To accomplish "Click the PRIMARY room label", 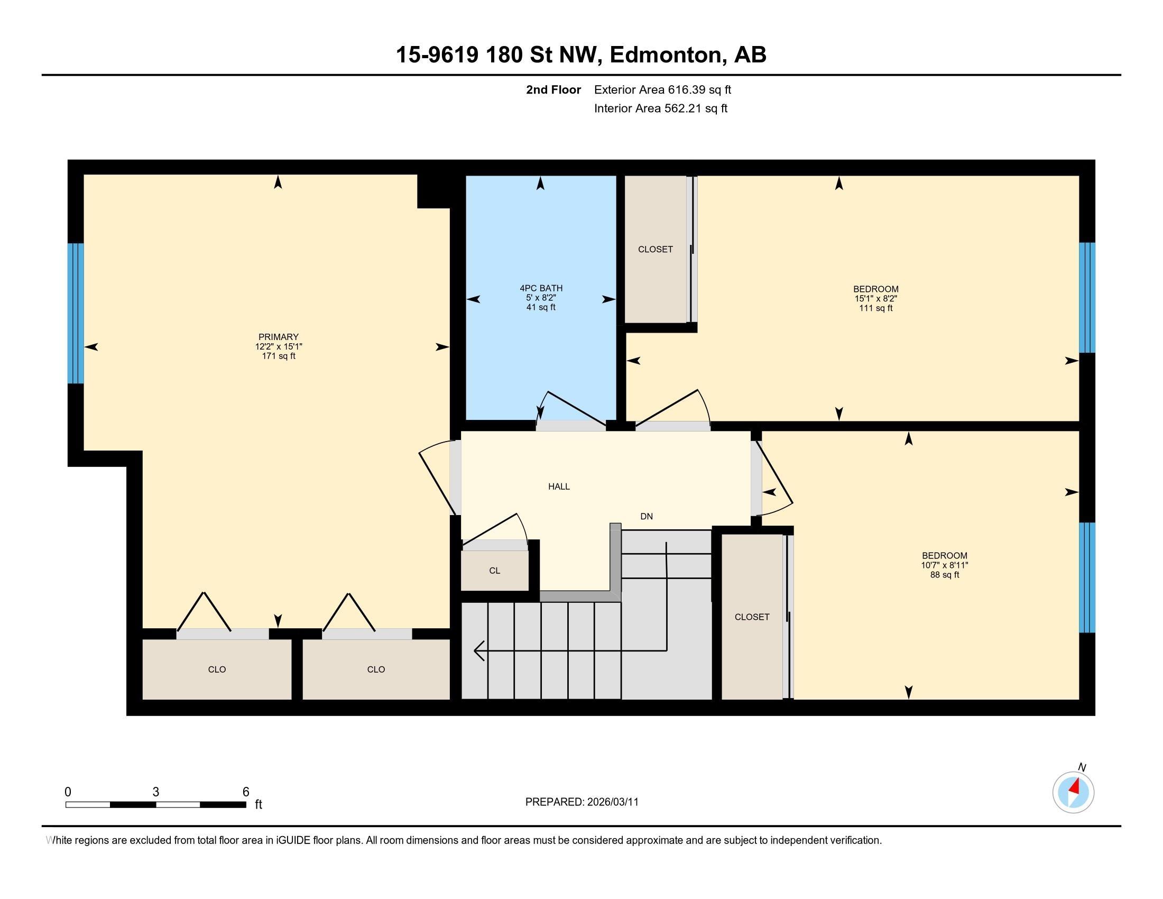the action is pyautogui.click(x=279, y=337).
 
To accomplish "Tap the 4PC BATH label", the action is pyautogui.click(x=541, y=288).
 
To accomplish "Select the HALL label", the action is pyautogui.click(x=559, y=486).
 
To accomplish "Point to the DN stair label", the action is pyautogui.click(x=647, y=516).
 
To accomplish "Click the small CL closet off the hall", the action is pyautogui.click(x=495, y=571).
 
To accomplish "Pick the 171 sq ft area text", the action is pyautogui.click(x=279, y=356).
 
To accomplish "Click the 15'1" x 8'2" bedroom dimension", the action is pyautogui.click(x=876, y=299).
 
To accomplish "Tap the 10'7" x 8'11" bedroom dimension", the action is pyautogui.click(x=945, y=565).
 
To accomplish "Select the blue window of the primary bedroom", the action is pyautogui.click(x=76, y=313).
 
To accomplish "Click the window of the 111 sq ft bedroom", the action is pyautogui.click(x=1087, y=298).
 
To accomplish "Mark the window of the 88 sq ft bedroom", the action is pyautogui.click(x=1087, y=577).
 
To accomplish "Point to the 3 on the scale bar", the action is pyautogui.click(x=155, y=792).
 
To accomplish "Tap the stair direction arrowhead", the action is pyautogui.click(x=479, y=650).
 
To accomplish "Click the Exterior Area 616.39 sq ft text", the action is pyautogui.click(x=662, y=89).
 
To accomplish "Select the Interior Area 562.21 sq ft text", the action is pyautogui.click(x=661, y=108).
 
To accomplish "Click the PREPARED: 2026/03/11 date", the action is pyautogui.click(x=581, y=802).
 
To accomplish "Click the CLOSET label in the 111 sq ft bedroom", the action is pyautogui.click(x=656, y=249).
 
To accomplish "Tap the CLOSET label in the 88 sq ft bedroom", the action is pyautogui.click(x=752, y=617).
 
